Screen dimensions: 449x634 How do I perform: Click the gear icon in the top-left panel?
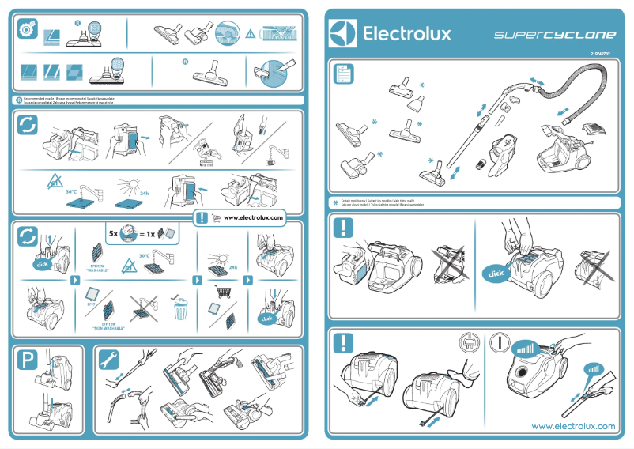[26, 29]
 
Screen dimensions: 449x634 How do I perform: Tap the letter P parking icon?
[27, 360]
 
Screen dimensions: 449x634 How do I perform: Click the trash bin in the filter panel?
[181, 309]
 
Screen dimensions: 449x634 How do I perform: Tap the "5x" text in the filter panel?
[114, 234]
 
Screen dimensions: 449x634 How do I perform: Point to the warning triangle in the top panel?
[251, 33]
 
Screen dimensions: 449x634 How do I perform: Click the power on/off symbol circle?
[499, 345]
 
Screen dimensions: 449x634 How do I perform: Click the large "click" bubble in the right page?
[496, 274]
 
